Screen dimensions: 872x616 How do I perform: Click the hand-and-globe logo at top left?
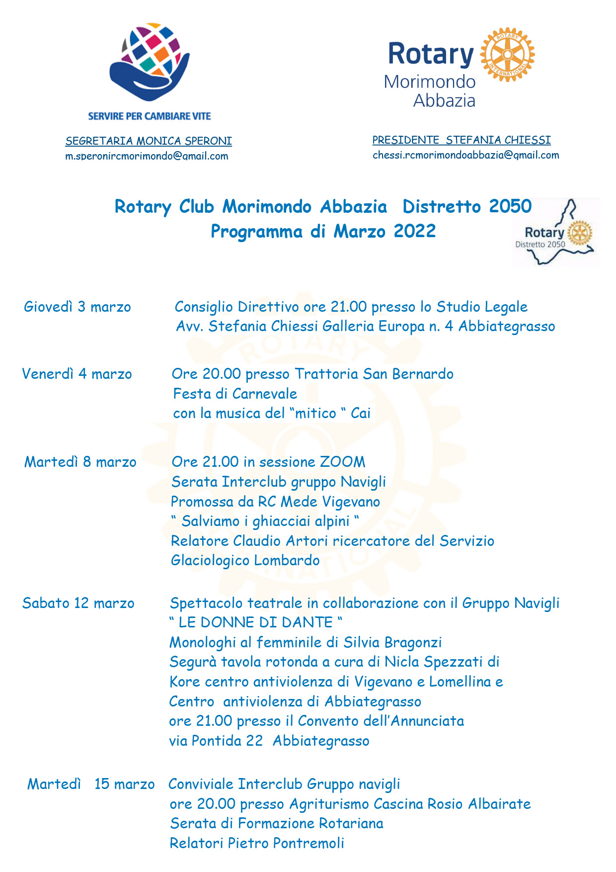(149, 62)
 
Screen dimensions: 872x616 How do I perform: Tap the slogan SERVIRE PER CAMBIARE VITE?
(150, 116)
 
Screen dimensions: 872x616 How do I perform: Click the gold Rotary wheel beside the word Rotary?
(507, 54)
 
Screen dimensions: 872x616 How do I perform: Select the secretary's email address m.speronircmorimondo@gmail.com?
(147, 156)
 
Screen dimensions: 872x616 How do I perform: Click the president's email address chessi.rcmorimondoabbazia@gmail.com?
(465, 155)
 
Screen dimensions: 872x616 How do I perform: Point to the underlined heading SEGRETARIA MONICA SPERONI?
(149, 141)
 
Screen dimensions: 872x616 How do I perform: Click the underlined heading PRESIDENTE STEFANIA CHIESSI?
(462, 140)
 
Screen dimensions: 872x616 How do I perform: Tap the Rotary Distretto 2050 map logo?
(556, 233)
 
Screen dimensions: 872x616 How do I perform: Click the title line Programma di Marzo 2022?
(323, 232)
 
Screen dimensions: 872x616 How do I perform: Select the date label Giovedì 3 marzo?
(77, 307)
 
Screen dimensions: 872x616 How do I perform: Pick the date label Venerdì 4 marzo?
(77, 374)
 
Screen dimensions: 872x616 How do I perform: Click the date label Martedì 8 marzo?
(80, 462)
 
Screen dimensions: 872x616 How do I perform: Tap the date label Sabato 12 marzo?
(78, 603)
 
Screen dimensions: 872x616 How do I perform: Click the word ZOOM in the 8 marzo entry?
(342, 462)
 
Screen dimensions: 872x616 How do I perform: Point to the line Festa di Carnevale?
(235, 394)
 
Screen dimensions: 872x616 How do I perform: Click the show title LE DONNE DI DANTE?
(255, 622)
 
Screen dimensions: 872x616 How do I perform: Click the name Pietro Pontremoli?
(286, 843)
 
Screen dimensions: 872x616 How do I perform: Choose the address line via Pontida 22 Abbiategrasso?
(269, 741)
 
